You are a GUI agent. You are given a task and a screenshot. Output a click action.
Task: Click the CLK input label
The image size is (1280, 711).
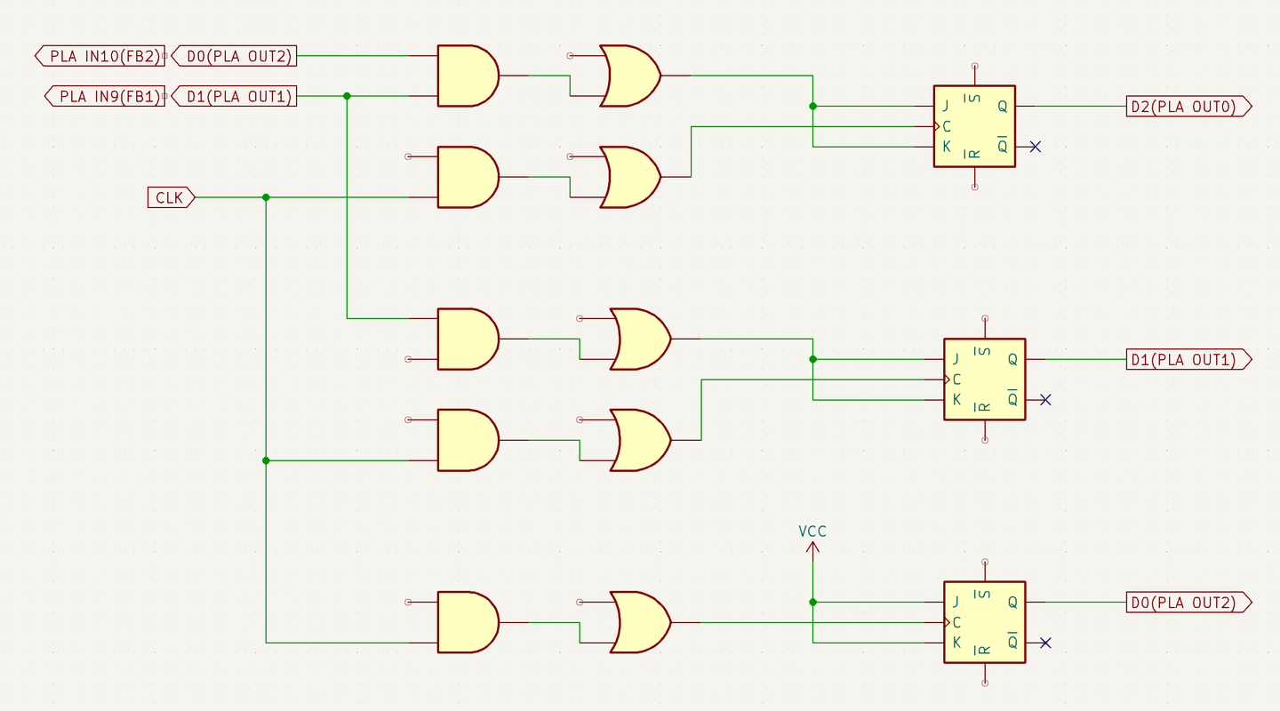point(170,197)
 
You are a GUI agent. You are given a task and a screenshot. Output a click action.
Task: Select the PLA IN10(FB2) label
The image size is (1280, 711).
point(100,56)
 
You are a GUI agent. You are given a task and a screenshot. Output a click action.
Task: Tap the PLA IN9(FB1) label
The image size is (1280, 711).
point(105,96)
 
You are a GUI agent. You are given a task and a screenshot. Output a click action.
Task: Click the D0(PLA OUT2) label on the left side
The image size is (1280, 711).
point(234,56)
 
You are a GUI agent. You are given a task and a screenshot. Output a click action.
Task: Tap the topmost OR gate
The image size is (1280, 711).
point(629,76)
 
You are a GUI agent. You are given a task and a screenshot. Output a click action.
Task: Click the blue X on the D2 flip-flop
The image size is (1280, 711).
point(1035,147)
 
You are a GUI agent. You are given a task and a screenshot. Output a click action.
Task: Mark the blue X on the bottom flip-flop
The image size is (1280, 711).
point(1045,643)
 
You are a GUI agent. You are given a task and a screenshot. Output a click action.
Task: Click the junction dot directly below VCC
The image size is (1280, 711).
point(812,603)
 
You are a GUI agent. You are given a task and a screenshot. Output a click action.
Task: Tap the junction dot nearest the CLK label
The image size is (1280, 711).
point(266,197)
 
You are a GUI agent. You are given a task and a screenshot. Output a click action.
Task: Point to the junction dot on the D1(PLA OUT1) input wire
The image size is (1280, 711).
point(347,96)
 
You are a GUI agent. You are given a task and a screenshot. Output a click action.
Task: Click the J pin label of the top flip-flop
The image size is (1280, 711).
point(947,107)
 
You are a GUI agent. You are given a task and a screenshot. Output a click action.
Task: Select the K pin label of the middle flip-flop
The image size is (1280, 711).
point(956,400)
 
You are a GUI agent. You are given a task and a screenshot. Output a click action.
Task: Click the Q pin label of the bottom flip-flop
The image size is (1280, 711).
point(1012,603)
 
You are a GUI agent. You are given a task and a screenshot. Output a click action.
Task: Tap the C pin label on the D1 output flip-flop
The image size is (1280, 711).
point(956,379)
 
